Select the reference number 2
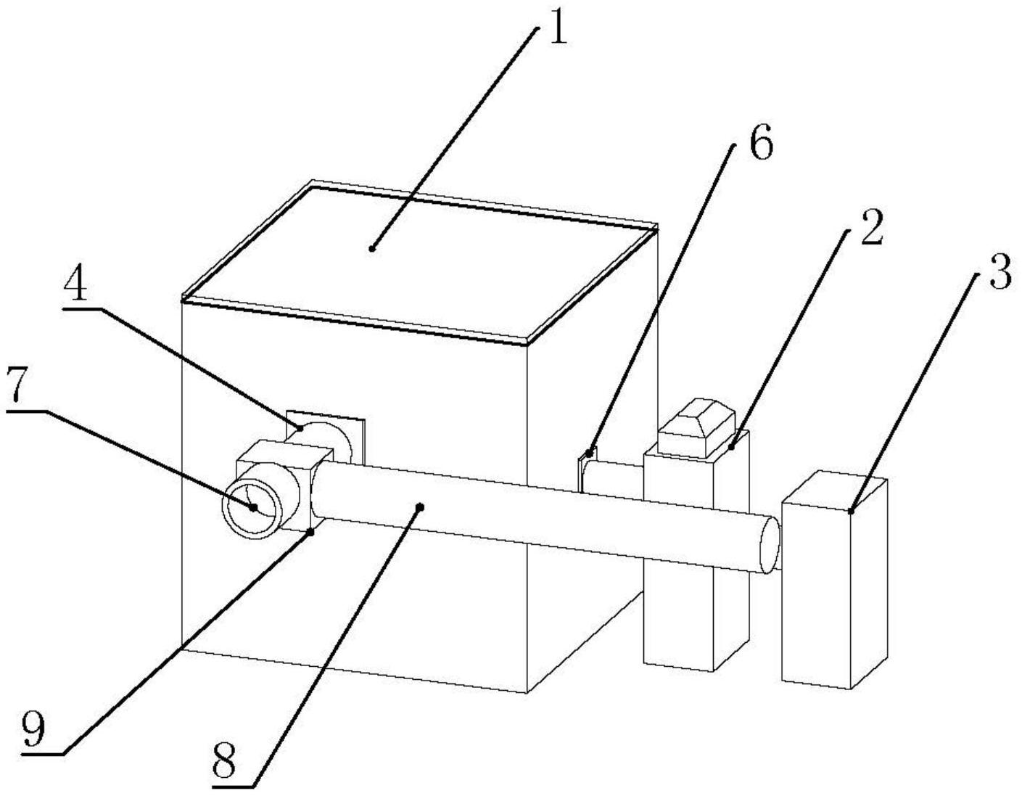tap(871, 227)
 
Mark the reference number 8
tap(223, 762)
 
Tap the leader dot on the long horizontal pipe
tap(421, 506)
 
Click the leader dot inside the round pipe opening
tap(254, 508)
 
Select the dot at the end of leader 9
tap(310, 532)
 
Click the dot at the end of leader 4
tap(300, 427)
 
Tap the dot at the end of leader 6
tap(588, 454)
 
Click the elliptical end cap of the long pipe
tap(770, 545)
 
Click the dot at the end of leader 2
tap(731, 447)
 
